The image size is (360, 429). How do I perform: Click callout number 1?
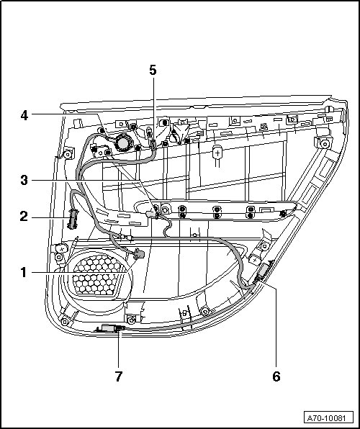24,273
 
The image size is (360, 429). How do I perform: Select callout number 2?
24,217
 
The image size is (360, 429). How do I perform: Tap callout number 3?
24,181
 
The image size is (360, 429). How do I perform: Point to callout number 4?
24,115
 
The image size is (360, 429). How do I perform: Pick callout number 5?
153,71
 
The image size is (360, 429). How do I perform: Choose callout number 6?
276,376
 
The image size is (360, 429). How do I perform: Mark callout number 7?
119,376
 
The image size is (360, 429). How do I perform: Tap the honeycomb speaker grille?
97,275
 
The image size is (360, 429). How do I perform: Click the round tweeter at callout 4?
123,143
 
